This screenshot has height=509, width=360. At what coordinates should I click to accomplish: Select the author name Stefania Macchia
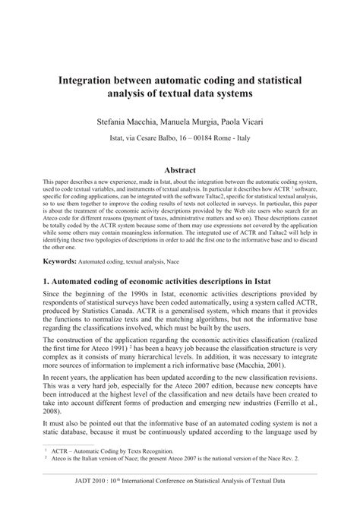pyautogui.click(x=130, y=120)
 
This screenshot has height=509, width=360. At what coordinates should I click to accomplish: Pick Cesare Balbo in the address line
pyautogui.click(x=155, y=140)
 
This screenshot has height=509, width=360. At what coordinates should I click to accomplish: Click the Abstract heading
pyautogui.click(x=180, y=171)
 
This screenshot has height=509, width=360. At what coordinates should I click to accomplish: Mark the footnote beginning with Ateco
pyautogui.click(x=182, y=479)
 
